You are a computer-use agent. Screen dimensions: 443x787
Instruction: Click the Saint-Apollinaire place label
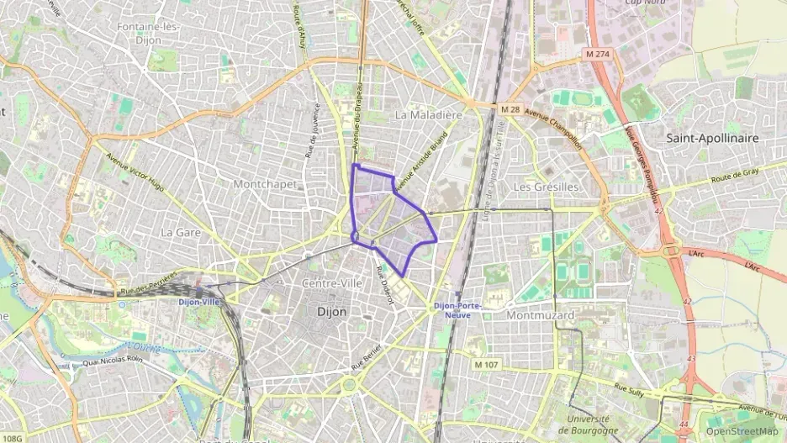click(711, 137)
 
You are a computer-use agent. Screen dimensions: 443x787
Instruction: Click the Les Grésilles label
click(546, 186)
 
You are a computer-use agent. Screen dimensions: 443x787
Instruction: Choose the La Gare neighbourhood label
click(179, 231)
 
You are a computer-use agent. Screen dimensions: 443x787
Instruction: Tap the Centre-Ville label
click(332, 283)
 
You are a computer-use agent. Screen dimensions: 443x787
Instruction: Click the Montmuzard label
click(540, 314)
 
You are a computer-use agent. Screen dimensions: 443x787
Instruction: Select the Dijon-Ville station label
click(198, 302)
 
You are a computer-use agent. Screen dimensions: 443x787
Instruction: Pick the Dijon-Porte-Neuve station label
click(457, 309)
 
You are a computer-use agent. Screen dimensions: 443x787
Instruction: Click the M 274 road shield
click(598, 55)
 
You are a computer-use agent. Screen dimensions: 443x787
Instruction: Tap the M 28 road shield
click(510, 109)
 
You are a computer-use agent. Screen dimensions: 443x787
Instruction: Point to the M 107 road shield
click(485, 364)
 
